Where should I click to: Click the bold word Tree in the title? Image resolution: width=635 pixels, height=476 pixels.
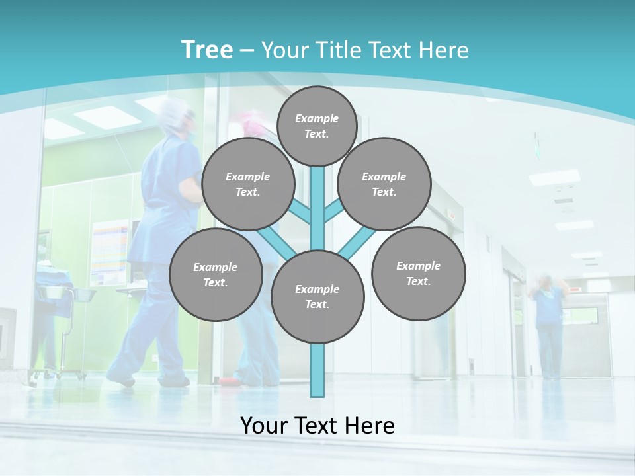[206, 50]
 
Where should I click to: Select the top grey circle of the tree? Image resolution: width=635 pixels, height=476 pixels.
[317, 126]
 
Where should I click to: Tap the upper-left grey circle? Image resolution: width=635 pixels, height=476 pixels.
[247, 184]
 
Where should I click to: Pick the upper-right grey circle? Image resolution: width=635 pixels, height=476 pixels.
[384, 184]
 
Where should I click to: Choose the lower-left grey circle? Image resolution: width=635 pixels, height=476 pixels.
[216, 274]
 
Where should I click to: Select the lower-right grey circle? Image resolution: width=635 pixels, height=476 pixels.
[418, 273]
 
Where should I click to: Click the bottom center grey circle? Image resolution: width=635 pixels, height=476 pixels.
[317, 297]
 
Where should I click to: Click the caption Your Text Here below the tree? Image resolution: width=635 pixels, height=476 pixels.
[317, 426]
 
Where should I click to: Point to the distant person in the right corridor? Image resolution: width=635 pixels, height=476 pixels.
[548, 324]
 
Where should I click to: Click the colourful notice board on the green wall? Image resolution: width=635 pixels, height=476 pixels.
[110, 251]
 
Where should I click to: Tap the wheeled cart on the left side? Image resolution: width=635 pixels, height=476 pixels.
[63, 331]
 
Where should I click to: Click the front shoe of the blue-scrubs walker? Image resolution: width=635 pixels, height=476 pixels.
[120, 379]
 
